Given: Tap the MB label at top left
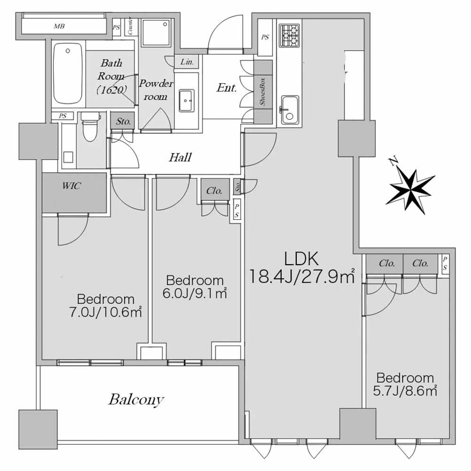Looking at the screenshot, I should (58, 26).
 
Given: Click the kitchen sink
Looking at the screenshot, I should (289, 109).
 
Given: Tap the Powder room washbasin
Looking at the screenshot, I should (187, 100).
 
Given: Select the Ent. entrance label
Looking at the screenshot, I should (227, 88).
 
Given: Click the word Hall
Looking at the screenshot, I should (180, 157).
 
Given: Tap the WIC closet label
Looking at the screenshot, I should (72, 186).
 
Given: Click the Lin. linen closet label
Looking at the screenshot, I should (187, 62).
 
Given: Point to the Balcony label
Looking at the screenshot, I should (136, 400).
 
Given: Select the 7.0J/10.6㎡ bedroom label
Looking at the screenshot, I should (106, 305).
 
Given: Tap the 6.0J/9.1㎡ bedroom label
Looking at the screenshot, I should (194, 286).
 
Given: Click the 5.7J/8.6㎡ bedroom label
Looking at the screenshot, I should (405, 384).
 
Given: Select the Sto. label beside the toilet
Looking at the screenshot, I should (123, 121).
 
